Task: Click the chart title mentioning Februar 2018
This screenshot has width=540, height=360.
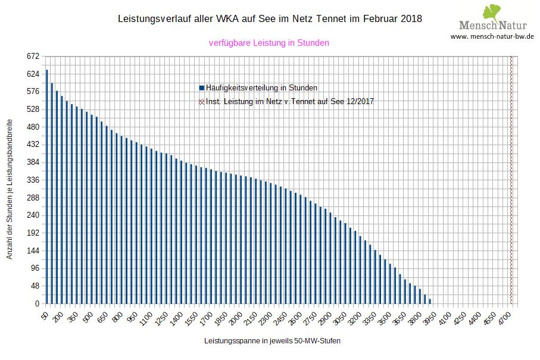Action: click(270, 18)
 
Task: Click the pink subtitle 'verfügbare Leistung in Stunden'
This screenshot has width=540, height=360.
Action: click(269, 43)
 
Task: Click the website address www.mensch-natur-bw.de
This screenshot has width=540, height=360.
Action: click(492, 36)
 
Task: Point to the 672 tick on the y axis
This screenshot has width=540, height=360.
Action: click(32, 57)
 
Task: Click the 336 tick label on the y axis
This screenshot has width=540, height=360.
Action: click(32, 180)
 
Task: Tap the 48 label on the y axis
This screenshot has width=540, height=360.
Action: click(35, 286)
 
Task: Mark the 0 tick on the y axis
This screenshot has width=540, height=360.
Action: click(36, 304)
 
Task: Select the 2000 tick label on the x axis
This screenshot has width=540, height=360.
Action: click(236, 318)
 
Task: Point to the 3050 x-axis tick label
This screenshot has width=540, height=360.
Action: click(339, 318)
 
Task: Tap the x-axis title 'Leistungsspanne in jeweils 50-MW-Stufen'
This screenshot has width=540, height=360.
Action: click(272, 341)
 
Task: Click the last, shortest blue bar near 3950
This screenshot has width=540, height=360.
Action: click(430, 301)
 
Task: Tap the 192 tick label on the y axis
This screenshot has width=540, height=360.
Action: click(32, 233)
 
